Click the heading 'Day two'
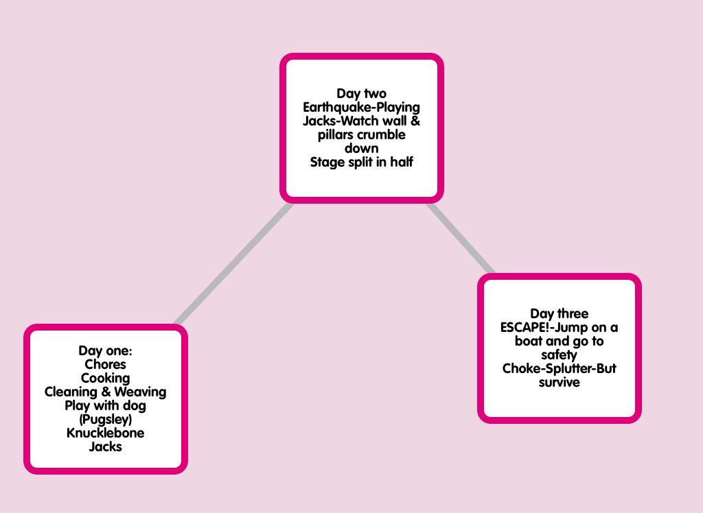tap(361, 94)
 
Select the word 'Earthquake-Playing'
tap(361, 108)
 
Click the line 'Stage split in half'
tap(361, 163)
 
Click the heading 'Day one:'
tap(105, 351)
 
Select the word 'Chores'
tap(105, 365)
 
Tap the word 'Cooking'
tap(105, 379)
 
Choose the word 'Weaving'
tap(140, 392)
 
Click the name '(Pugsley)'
tap(105, 420)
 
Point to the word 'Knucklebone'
tap(105, 433)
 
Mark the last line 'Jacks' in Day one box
tap(105, 447)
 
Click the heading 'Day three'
tap(559, 314)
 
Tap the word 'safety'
tap(559, 355)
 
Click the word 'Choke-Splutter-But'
tap(559, 369)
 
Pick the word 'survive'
tap(559, 383)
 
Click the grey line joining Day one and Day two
tap(234, 263)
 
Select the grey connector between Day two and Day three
tap(461, 239)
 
